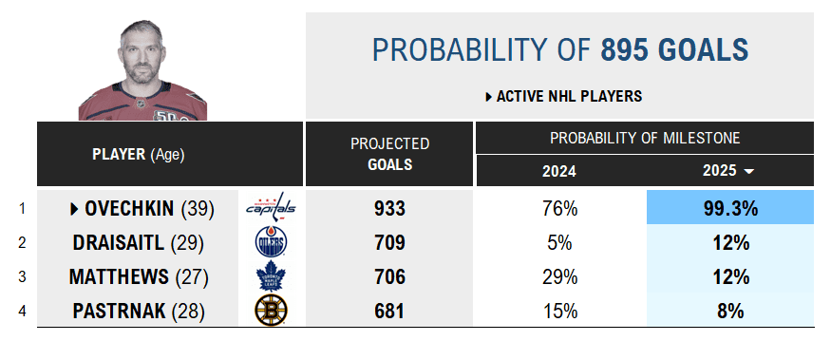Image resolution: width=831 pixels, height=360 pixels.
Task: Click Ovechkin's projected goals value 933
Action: click(390, 208)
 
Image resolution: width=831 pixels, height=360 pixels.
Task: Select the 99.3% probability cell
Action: click(730, 207)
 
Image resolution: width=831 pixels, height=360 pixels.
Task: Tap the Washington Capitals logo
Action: click(271, 207)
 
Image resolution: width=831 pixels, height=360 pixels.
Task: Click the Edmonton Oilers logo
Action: click(271, 242)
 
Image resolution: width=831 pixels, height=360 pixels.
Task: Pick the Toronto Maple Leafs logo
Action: click(271, 276)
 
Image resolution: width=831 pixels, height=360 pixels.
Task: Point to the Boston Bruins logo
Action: click(271, 311)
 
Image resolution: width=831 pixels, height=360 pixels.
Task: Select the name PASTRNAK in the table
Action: click(120, 311)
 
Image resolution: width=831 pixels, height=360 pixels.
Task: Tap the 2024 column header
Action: click(559, 171)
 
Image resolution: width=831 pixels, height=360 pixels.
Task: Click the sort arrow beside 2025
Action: click(749, 171)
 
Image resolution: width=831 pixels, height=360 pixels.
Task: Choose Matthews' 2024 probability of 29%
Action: click(559, 276)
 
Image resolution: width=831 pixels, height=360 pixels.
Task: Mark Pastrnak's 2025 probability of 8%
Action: click(730, 311)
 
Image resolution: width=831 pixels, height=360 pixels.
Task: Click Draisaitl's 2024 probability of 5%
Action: click(559, 243)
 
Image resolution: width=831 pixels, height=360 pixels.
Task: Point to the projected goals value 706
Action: click(390, 276)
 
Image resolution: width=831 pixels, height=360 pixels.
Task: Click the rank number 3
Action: click(22, 276)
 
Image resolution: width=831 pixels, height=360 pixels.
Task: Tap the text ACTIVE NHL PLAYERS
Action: click(569, 97)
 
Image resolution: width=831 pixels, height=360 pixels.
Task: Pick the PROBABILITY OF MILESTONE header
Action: click(645, 139)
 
